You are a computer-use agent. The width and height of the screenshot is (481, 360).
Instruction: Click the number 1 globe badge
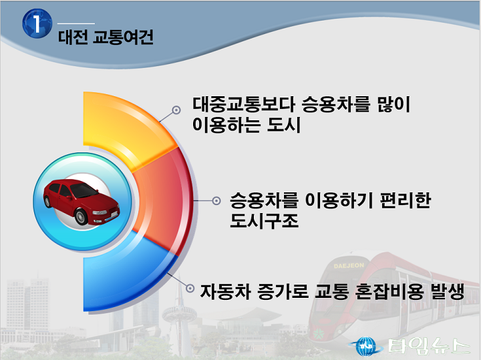(37, 23)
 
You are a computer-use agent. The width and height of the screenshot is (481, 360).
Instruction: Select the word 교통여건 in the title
(124, 37)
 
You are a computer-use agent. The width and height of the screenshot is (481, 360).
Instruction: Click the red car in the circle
(82, 202)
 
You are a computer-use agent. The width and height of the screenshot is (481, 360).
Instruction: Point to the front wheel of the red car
(82, 216)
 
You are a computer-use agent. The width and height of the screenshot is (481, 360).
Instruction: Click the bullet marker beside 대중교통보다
(176, 110)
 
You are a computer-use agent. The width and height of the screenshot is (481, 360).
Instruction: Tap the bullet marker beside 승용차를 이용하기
(216, 201)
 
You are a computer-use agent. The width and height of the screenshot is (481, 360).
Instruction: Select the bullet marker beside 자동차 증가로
(190, 289)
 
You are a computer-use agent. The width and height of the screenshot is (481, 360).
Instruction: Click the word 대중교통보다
(244, 104)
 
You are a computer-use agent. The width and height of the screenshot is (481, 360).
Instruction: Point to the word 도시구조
(264, 220)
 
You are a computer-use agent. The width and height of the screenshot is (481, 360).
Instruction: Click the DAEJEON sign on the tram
(349, 266)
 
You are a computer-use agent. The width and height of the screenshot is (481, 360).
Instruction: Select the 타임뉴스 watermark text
(429, 347)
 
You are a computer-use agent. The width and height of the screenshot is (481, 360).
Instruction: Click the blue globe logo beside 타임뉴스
(366, 347)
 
